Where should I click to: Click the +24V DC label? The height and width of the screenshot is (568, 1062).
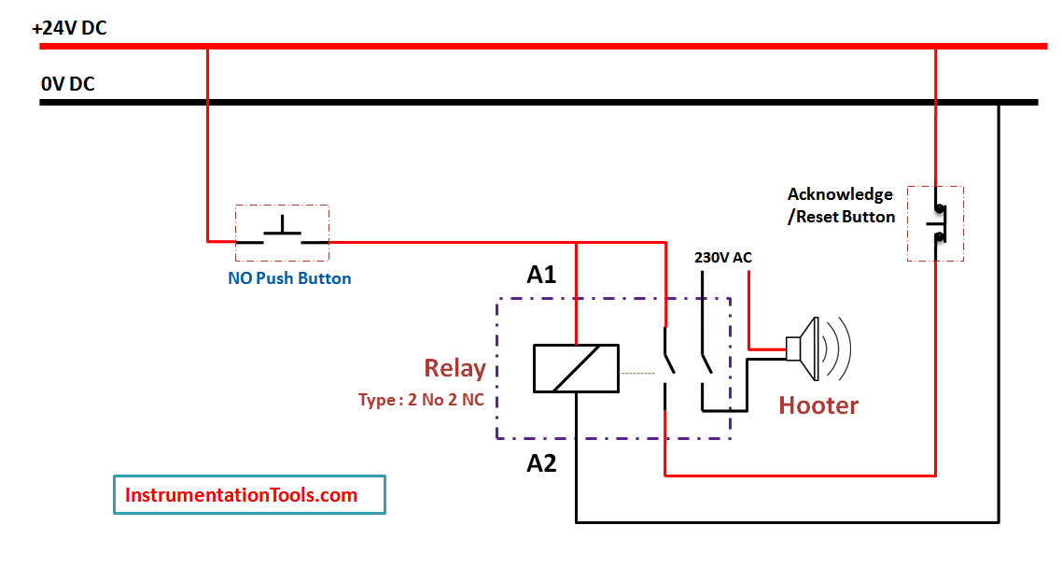point(69,28)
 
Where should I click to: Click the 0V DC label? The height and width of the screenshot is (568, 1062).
point(67,84)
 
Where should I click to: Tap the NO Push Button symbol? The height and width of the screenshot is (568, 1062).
point(282,234)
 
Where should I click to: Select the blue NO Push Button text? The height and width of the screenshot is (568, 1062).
point(289,278)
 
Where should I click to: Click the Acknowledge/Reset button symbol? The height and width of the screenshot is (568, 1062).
point(935,223)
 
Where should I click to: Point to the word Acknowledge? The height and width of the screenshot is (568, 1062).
point(840,194)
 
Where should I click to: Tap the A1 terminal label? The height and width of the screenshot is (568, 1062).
point(541,275)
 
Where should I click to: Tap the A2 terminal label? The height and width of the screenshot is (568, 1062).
point(541,462)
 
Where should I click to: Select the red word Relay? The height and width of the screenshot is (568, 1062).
point(454,368)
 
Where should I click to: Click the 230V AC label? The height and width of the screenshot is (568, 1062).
point(723,257)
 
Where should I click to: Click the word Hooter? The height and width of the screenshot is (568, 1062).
point(818,405)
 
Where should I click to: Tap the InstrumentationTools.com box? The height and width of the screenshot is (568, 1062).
point(249,494)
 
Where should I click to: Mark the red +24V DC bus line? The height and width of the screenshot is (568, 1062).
point(560,45)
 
